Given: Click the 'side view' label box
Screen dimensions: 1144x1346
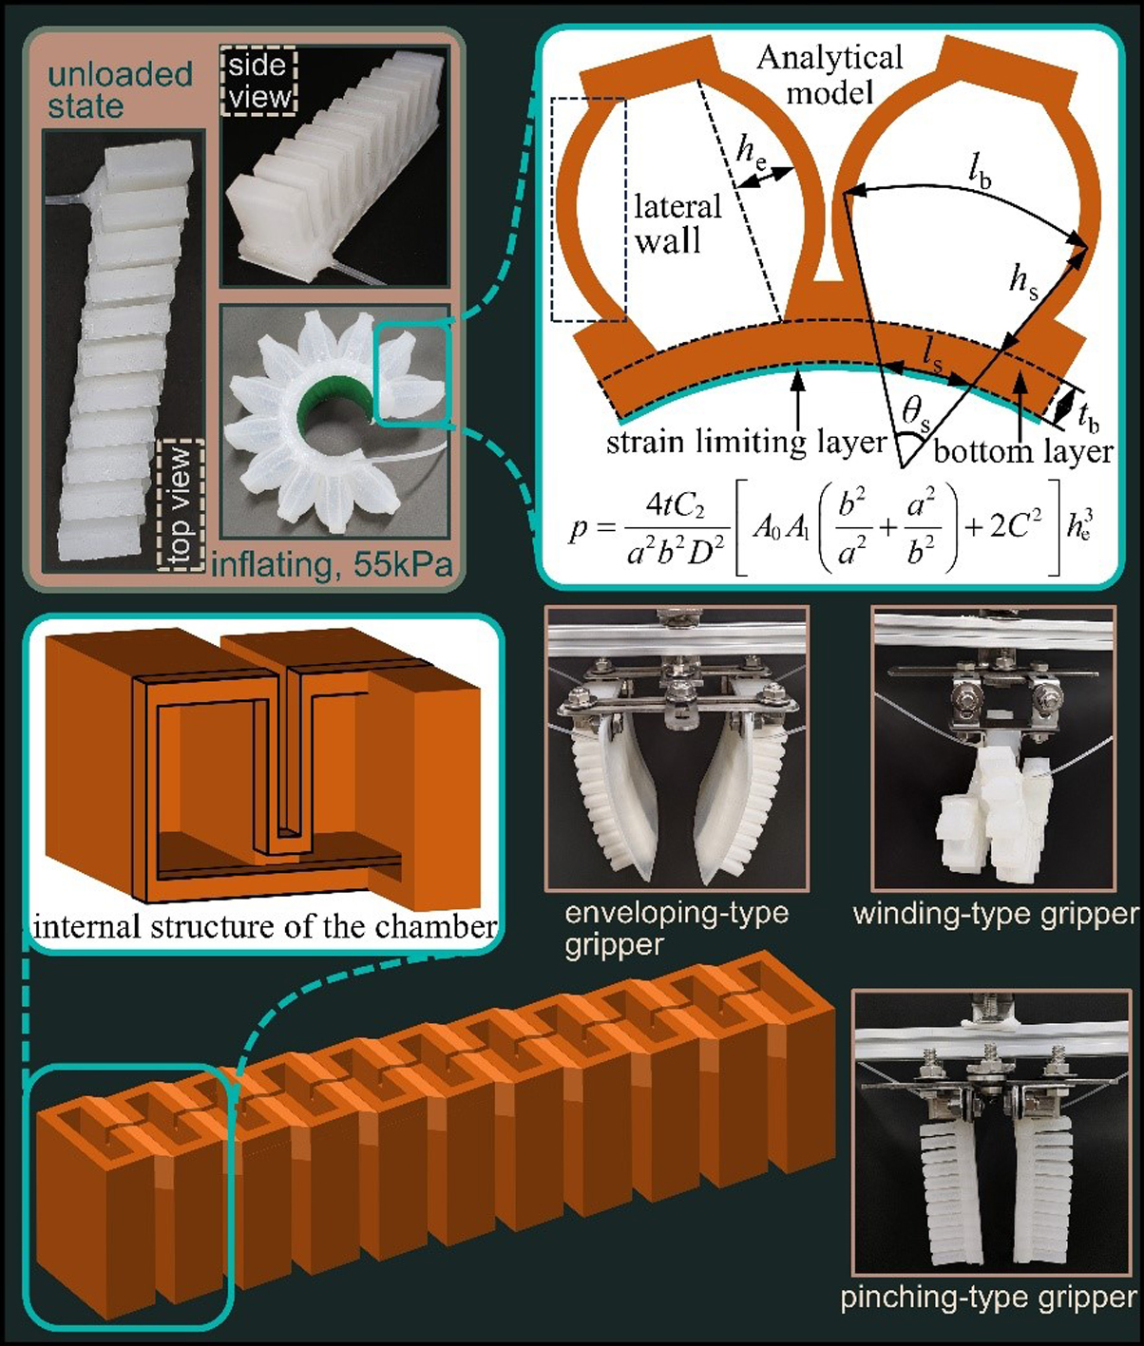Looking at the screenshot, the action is [x=258, y=81].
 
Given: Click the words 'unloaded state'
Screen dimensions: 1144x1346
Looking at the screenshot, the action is [x=121, y=90].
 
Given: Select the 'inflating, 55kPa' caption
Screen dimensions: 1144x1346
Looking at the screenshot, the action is [x=332, y=564].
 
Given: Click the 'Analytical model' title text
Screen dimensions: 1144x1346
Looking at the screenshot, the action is [x=829, y=76].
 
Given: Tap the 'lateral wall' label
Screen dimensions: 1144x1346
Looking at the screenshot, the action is [x=677, y=223].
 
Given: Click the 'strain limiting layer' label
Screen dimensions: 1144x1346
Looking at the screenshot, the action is [x=747, y=443].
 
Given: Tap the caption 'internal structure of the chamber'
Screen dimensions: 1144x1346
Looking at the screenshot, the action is [x=265, y=925].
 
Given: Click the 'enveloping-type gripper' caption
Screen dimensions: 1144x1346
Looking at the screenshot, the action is [x=677, y=929].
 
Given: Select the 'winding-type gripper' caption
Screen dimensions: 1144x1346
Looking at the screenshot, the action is [x=996, y=914].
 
